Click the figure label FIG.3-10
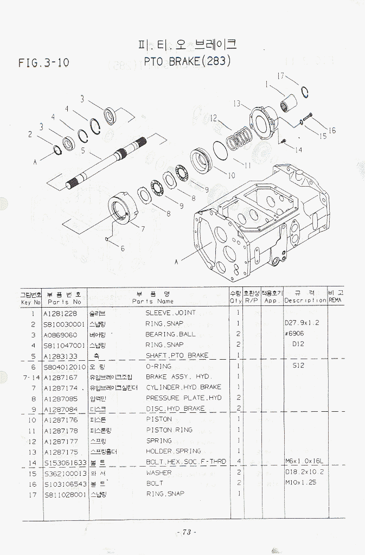43,63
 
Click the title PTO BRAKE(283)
188,61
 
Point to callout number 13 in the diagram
237,103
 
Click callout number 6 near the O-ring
123,248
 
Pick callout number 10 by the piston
231,175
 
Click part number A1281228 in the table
60,313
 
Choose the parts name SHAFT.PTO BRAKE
177,356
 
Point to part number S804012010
65,367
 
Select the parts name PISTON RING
169,430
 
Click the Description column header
305,301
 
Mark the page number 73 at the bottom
186,532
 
